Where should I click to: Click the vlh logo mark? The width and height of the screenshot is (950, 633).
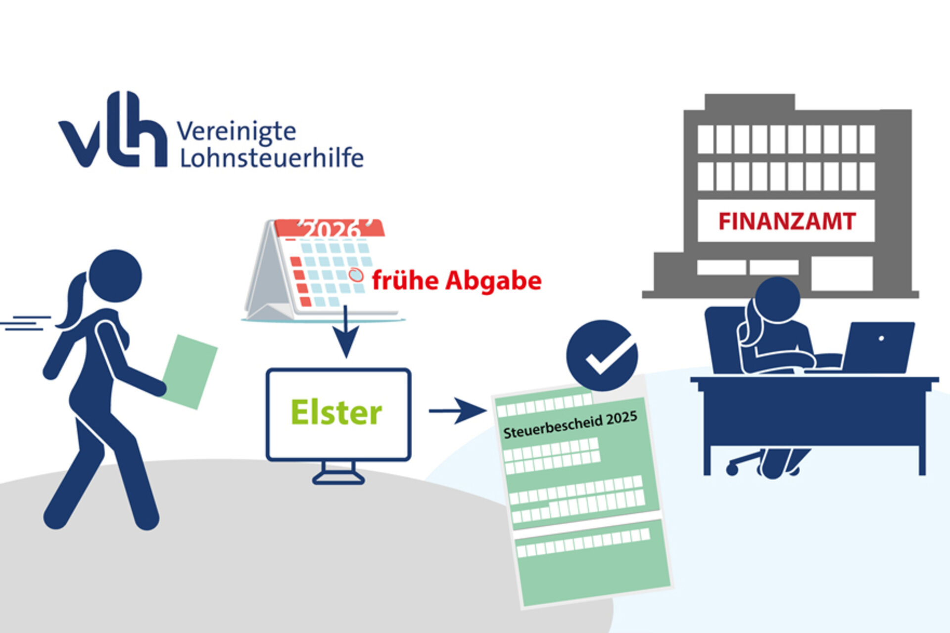[113, 131]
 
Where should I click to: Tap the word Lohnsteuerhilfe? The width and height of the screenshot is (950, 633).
[271, 158]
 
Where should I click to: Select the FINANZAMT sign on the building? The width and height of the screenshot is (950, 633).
[786, 221]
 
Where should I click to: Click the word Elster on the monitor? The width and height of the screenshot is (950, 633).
[336, 412]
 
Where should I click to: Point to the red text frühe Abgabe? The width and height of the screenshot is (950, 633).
[457, 281]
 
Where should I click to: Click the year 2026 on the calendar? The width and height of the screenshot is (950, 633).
[331, 229]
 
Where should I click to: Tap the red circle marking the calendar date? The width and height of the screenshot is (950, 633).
[355, 275]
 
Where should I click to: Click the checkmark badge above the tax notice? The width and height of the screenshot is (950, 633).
[602, 356]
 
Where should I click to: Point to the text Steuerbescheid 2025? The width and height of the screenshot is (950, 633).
[570, 425]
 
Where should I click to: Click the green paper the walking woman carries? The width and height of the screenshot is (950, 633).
[190, 371]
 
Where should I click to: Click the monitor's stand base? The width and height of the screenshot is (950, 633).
[338, 477]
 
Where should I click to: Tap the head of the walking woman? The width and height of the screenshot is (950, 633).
[115, 276]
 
